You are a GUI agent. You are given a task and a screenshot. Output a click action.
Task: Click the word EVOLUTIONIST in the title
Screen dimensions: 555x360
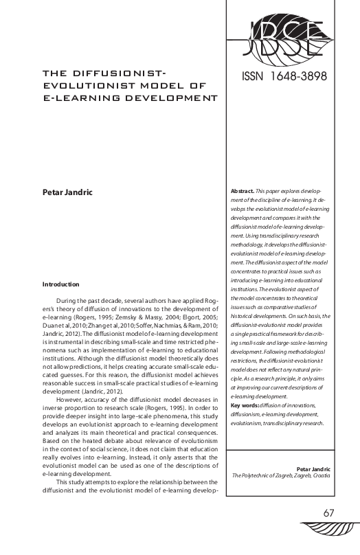[x=85, y=85]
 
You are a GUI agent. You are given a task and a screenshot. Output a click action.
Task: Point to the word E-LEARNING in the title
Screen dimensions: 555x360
[x=72, y=98]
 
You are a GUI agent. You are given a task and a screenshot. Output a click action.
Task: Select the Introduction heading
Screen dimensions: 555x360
[x=61, y=284]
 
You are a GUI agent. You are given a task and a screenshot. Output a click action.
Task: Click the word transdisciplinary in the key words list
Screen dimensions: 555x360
[x=282, y=423]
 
